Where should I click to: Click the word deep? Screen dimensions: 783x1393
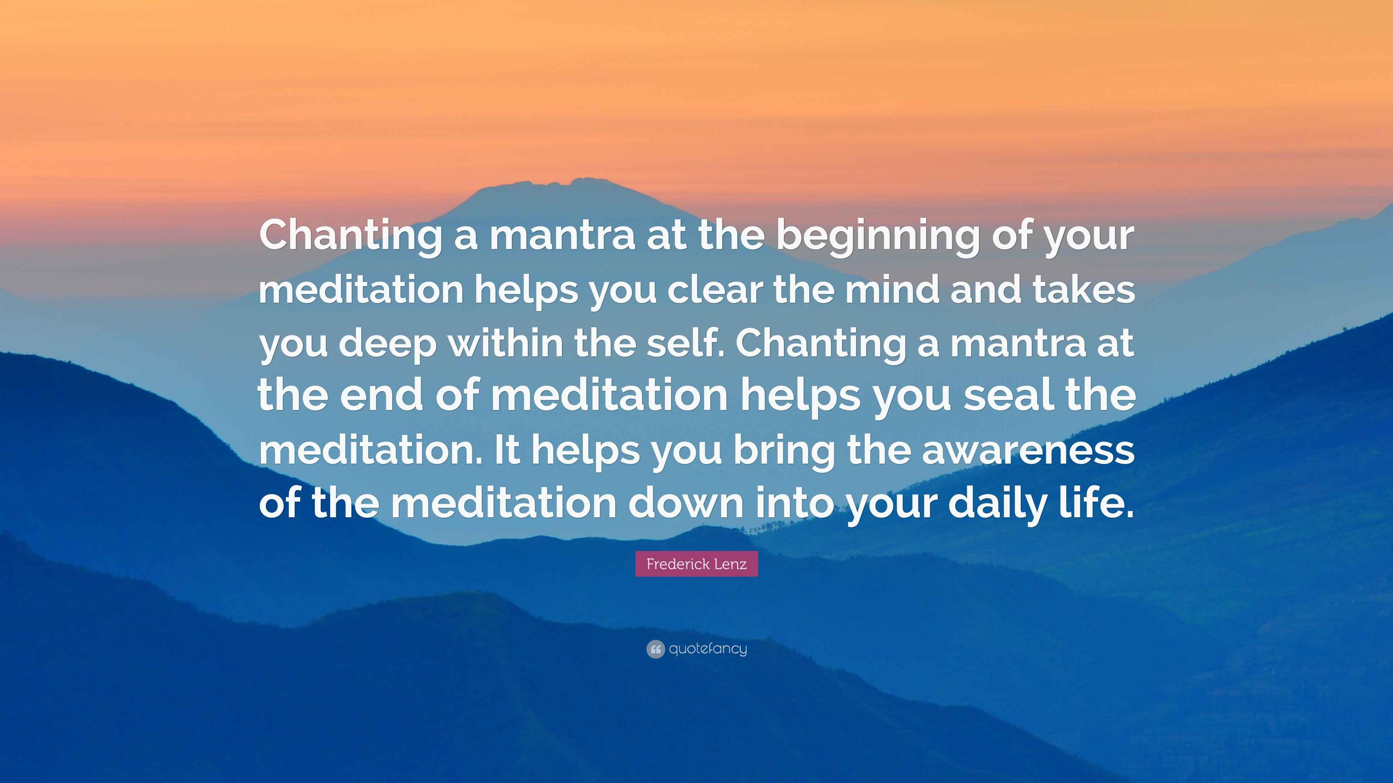click(x=387, y=343)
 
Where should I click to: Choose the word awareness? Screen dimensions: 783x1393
click(x=1027, y=449)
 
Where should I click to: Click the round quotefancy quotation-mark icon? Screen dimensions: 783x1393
click(x=655, y=649)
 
